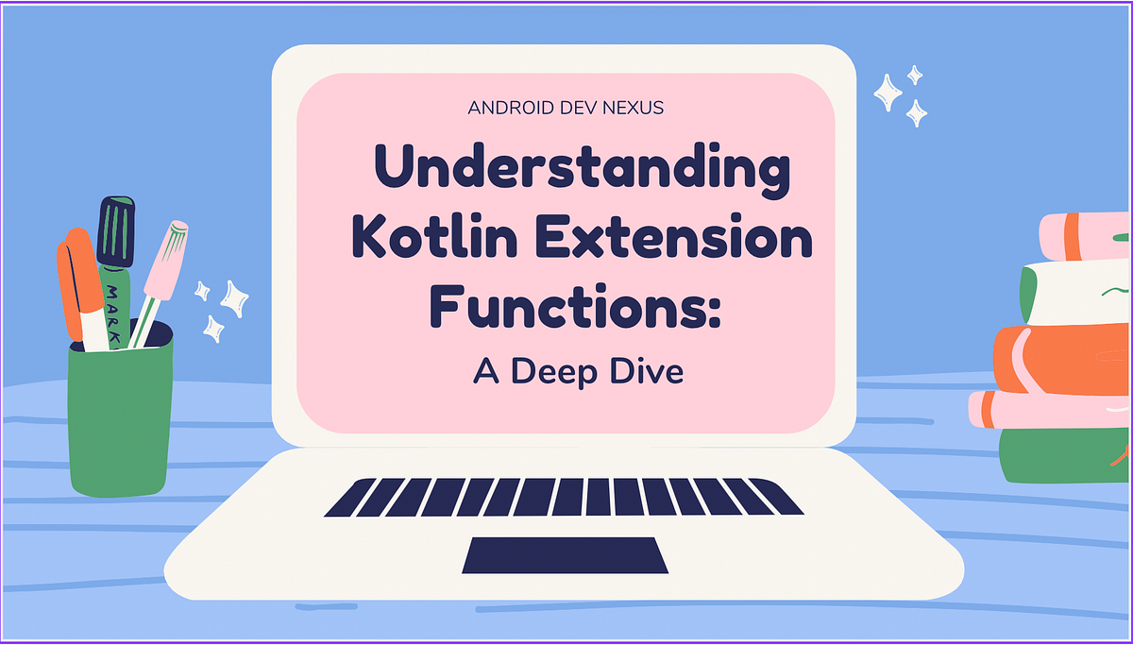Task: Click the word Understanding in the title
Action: click(x=579, y=173)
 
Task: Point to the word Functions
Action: click(x=560, y=307)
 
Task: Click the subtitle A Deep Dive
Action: click(x=577, y=371)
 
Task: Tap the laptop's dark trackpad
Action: click(x=565, y=555)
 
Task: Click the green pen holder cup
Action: click(x=120, y=416)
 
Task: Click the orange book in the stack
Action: click(x=1067, y=359)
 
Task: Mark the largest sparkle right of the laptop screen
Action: click(x=887, y=93)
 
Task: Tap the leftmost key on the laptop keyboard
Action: click(x=344, y=498)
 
